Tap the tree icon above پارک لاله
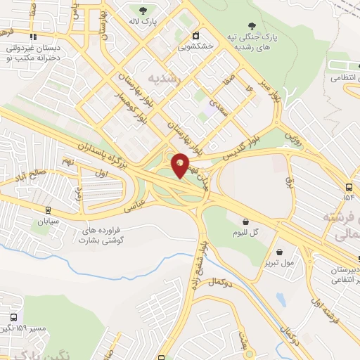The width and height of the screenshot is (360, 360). click(x=143, y=11)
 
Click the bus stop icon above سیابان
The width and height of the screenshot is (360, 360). click(x=48, y=209)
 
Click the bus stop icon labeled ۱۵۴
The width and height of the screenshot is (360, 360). click(x=349, y=187)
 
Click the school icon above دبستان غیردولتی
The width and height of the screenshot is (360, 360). click(x=32, y=37)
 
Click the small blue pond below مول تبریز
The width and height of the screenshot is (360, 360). click(x=281, y=299)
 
